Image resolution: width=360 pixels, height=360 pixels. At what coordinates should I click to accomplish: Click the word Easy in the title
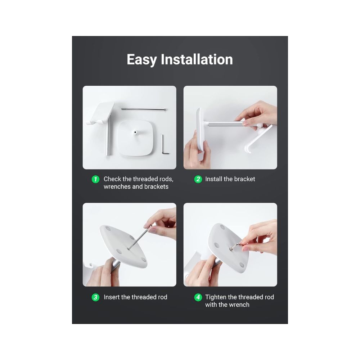click(141, 60)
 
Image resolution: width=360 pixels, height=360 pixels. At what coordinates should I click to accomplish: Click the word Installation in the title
click(197, 59)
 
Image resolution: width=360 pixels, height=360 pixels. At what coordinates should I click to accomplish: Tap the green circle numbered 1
click(95, 179)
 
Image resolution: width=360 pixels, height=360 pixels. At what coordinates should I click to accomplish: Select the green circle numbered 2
click(198, 179)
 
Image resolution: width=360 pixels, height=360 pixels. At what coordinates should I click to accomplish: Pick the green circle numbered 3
click(95, 297)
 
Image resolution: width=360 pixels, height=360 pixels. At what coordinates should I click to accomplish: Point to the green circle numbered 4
click(198, 297)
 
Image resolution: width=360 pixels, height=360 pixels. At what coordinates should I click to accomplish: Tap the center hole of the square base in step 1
click(135, 132)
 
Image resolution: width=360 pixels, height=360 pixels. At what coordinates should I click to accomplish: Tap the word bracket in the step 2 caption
click(245, 179)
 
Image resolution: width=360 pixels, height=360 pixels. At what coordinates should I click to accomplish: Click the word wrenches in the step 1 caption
click(117, 186)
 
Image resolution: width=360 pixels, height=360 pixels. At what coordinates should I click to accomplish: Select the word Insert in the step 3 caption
click(112, 297)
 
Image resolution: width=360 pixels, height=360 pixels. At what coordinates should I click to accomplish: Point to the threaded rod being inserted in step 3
click(139, 237)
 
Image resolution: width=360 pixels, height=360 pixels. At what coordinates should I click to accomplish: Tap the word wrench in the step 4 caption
click(239, 305)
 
